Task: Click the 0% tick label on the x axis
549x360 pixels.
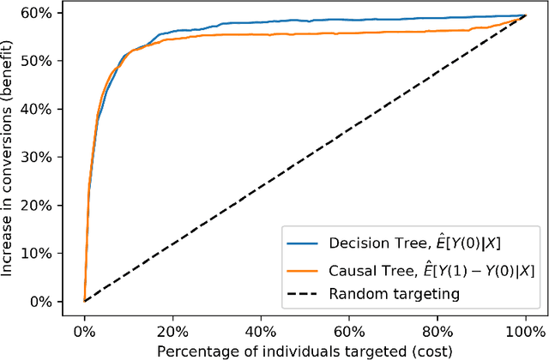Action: tap(84, 329)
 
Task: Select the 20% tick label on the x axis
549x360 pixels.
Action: tap(172, 329)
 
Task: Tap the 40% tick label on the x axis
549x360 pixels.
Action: tap(261, 329)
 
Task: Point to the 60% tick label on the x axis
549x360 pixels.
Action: tap(349, 329)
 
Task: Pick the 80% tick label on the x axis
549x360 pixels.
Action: tap(437, 329)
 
